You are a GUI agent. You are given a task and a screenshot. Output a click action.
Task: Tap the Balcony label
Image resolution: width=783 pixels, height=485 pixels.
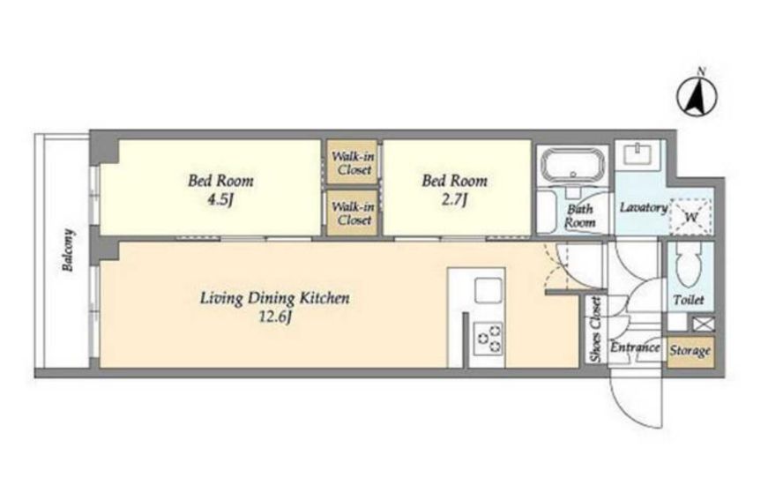tap(67, 250)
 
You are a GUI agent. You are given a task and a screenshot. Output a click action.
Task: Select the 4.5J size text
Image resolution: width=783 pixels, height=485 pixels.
tap(220, 200)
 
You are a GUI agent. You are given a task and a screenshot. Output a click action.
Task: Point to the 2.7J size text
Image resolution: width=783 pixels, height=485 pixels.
tap(454, 200)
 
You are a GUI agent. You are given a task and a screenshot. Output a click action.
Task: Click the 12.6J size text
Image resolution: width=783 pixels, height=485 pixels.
tap(274, 317)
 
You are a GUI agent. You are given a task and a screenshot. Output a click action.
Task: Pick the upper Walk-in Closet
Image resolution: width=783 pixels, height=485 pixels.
tap(353, 163)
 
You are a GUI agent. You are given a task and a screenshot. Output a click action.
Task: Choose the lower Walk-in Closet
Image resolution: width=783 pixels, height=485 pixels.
tap(353, 213)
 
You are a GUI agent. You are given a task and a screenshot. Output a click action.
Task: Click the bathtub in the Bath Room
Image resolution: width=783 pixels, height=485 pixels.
tap(573, 165)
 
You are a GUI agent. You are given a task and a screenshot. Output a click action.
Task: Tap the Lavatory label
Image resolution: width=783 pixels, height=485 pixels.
tap(643, 207)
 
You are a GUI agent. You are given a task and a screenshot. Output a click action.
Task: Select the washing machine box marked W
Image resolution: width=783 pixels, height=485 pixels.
tap(690, 217)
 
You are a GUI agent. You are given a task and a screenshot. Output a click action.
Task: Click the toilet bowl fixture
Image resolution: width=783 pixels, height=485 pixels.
tap(689, 265)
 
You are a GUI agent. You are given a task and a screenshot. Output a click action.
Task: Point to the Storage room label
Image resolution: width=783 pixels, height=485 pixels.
tap(690, 351)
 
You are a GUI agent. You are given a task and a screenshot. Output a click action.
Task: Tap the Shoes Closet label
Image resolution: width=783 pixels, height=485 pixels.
tap(595, 330)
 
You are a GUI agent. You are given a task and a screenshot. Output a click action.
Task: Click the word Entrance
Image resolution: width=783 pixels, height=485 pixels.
tap(635, 347)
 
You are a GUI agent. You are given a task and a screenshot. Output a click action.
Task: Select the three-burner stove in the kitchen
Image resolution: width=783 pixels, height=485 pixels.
tap(488, 338)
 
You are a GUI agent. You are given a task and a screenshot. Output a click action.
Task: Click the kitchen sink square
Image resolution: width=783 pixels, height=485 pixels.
tap(488, 290)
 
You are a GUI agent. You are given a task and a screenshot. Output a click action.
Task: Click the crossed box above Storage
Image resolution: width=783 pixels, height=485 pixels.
tap(703, 324)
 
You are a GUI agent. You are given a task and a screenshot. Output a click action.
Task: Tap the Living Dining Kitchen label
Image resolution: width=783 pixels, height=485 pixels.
tap(274, 299)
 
